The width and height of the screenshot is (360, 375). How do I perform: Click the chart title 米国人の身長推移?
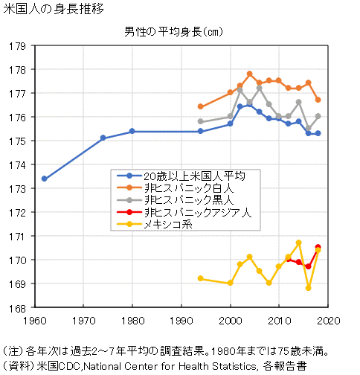pos(54,10)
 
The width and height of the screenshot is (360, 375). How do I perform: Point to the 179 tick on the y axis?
pos(17,46)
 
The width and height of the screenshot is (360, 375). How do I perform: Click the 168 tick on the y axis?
pos(17,308)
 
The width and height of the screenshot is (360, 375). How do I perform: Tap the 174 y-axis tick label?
pos(17,165)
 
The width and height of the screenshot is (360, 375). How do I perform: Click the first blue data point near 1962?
pos(45,179)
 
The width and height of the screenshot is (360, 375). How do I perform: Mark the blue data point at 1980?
pos(132,131)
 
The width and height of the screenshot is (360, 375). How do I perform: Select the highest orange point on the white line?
pos(250,74)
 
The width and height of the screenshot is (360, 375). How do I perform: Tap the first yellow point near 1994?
pos(201,278)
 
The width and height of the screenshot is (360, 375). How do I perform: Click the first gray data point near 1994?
pos(201,121)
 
